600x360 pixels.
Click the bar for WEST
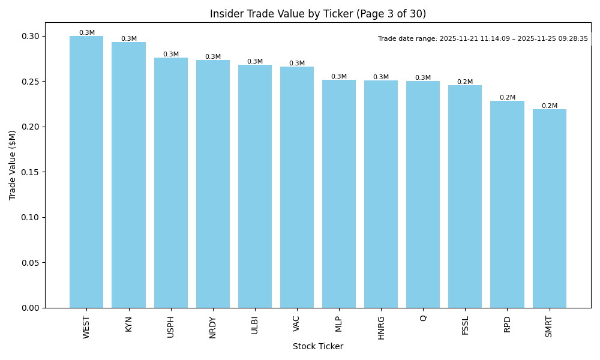86,172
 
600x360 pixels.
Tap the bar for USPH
171,183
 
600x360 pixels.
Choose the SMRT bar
549,209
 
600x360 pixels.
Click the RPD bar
507,205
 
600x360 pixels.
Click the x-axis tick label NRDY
213,327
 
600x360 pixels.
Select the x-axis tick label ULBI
255,325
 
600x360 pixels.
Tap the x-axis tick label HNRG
381,328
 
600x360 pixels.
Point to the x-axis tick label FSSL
465,325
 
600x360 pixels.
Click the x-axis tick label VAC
296,323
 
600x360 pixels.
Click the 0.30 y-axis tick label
31,37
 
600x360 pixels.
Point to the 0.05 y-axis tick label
31,263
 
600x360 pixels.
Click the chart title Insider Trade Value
318,14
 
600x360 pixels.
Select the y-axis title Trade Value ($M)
13,165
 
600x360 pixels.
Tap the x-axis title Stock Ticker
318,346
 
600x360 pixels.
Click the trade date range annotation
483,39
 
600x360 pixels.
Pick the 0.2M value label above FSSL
465,82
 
